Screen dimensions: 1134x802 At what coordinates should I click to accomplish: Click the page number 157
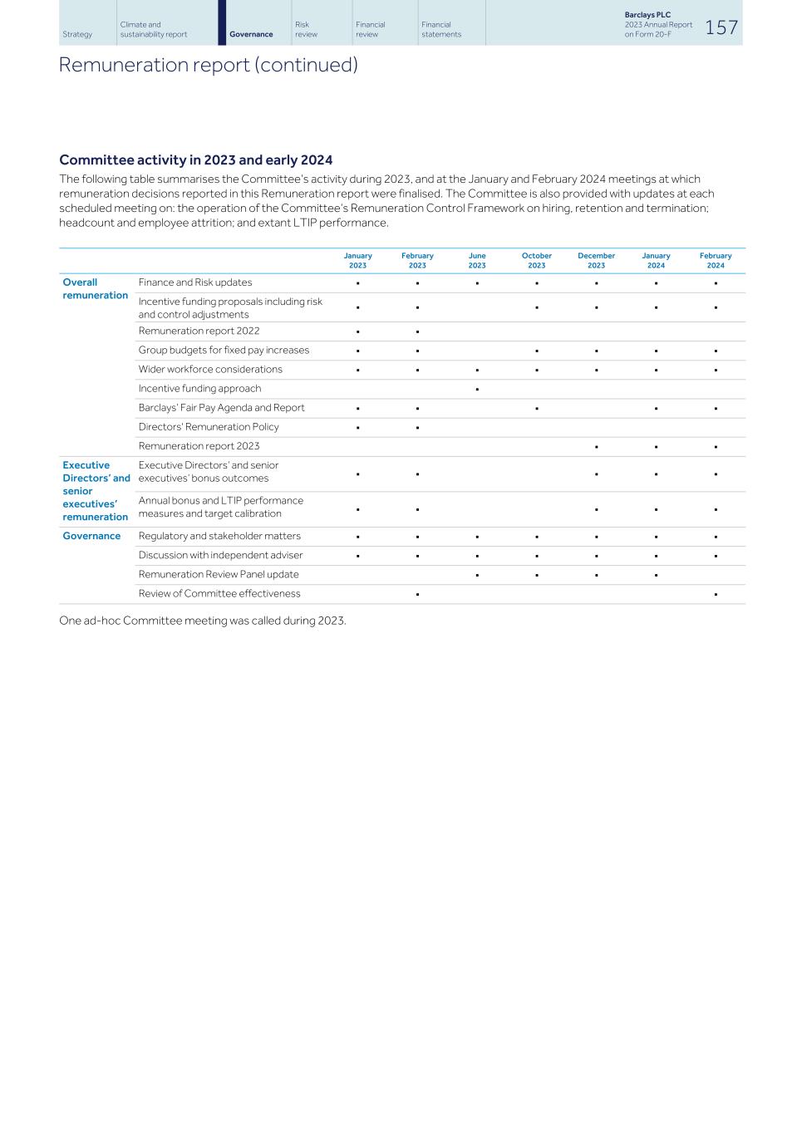[721, 27]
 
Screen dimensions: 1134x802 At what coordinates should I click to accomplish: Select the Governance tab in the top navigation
[251, 34]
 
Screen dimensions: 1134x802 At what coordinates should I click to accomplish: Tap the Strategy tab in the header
[77, 34]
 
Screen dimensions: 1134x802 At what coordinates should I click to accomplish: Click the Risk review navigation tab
[306, 29]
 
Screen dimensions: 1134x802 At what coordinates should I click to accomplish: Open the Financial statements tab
[441, 29]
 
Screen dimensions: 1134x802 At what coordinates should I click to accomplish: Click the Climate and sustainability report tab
[154, 29]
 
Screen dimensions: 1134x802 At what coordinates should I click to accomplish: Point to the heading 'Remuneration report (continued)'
[208, 65]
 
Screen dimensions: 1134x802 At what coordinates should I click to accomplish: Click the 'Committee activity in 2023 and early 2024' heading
[195, 160]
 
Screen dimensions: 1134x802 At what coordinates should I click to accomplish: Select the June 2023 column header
[477, 261]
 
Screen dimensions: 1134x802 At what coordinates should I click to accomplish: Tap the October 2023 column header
[537, 261]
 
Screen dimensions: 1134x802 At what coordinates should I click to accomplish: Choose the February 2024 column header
[716, 261]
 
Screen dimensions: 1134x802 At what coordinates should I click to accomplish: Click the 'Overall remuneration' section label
[96, 288]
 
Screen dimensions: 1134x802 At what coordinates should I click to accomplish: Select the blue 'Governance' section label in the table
[91, 536]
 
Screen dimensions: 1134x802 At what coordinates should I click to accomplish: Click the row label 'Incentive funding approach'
[199, 388]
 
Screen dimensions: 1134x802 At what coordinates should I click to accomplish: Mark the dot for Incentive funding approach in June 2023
[477, 389]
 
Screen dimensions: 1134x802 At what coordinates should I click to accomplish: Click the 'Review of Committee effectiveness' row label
[219, 593]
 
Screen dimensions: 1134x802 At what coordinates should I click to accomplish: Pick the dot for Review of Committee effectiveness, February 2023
[417, 594]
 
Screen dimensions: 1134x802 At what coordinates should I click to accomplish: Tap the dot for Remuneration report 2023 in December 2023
[597, 446]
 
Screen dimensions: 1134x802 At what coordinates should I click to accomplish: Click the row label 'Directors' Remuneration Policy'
[209, 426]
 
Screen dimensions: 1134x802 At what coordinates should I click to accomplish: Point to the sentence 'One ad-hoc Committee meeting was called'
[202, 621]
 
